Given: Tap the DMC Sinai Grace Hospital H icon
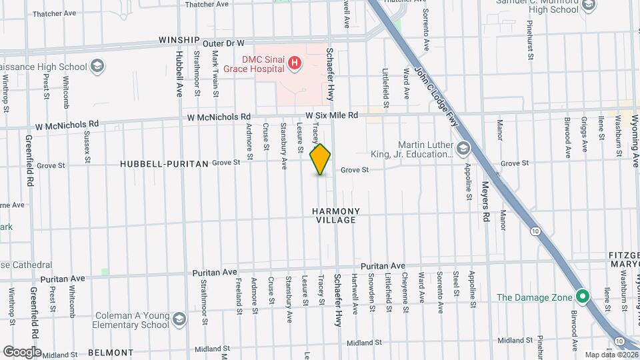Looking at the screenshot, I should point(294,64).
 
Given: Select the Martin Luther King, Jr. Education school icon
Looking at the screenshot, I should point(463,147).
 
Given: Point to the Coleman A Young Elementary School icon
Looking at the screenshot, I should point(179,319).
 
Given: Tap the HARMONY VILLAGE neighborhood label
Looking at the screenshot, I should point(336,215).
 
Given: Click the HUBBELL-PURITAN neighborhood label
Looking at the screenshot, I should point(165,163).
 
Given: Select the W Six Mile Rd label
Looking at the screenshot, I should point(332,115).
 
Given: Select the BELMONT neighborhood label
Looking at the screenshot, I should point(111,352).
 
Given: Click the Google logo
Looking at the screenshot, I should point(23,351).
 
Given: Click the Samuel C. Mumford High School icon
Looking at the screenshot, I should point(589,6).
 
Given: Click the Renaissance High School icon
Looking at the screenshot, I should point(98,67).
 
